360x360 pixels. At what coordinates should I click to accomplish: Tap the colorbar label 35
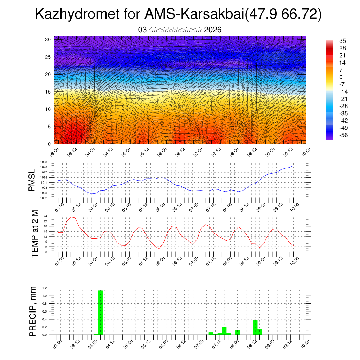pyautogui.click(x=342, y=41)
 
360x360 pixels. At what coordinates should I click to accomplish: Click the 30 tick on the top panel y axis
pyautogui.click(x=48, y=39)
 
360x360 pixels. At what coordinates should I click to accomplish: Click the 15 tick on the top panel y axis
pyautogui.click(x=48, y=92)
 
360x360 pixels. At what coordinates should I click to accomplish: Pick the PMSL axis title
pyautogui.click(x=32, y=180)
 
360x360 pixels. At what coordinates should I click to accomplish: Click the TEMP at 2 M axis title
pyautogui.click(x=34, y=234)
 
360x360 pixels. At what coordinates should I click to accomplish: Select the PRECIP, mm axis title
pyautogui.click(x=33, y=311)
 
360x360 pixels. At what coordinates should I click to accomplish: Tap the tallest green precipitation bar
pyautogui.click(x=100, y=313)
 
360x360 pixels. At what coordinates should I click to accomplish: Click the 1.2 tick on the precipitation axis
pyautogui.click(x=45, y=288)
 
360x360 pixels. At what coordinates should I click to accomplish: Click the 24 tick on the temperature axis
pyautogui.click(x=45, y=216)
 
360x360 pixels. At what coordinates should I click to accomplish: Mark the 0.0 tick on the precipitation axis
pyautogui.click(x=45, y=335)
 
